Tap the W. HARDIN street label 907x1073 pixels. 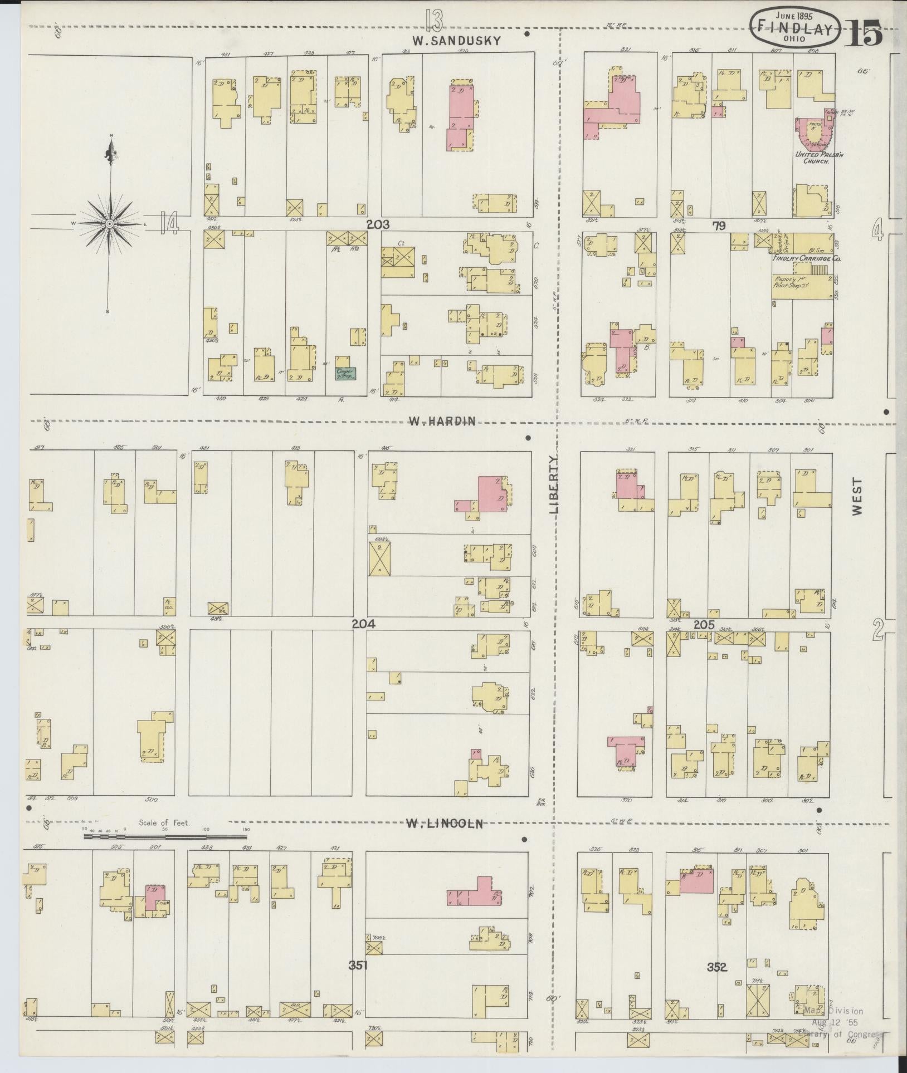(x=442, y=422)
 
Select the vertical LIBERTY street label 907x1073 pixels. (x=554, y=484)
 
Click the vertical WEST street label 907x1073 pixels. (x=856, y=496)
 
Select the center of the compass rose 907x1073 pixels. (x=110, y=224)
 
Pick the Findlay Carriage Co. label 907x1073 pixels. (x=806, y=259)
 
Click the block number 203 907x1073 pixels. (x=378, y=224)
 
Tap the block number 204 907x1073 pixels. (x=363, y=624)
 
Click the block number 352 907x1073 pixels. (x=717, y=967)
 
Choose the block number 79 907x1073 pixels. (x=719, y=226)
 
